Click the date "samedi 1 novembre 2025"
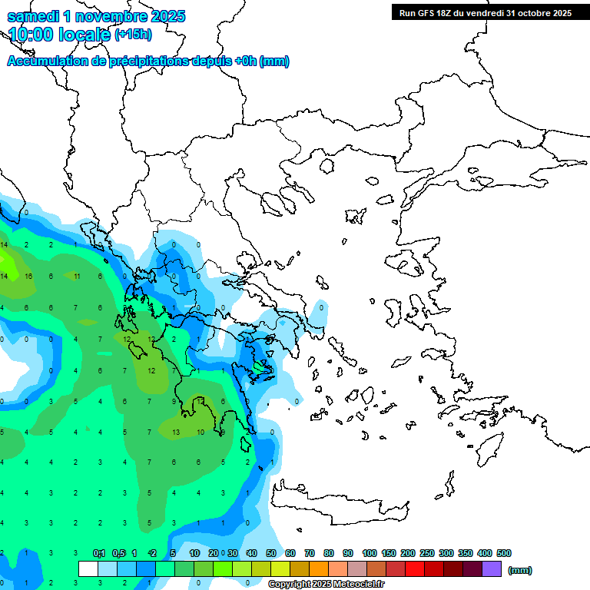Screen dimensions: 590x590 [x=96, y=16]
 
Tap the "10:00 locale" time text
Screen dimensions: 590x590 [x=60, y=35]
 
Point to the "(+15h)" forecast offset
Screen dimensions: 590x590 [x=133, y=35]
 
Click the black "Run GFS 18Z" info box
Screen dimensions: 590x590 [x=484, y=12]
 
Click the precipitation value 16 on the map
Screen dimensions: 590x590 [x=28, y=276]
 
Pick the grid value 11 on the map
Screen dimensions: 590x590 [x=77, y=276]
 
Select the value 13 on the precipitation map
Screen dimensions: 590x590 [x=176, y=433]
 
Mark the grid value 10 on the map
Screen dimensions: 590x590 [x=200, y=433]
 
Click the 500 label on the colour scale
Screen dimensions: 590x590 [x=504, y=553]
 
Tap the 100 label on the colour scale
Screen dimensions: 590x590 [x=370, y=553]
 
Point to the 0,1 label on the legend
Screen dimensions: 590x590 [x=99, y=553]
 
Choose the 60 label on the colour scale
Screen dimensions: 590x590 [x=290, y=553]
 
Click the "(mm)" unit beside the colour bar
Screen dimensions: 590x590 [x=520, y=570]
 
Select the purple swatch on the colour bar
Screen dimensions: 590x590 [x=492, y=569]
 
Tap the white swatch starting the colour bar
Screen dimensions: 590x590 [x=88, y=569]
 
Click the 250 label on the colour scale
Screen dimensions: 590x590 [x=427, y=553]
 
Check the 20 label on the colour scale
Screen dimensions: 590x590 [x=214, y=553]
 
